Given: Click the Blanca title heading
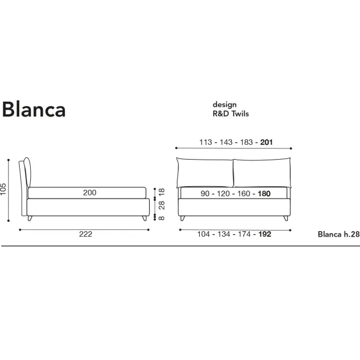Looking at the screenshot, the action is tap(34, 110).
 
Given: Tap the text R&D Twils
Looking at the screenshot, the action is tap(231, 113).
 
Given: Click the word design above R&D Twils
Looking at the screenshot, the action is tap(224, 105).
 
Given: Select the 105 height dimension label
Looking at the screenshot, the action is tap(3, 189).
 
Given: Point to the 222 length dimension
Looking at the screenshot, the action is tap(86, 234).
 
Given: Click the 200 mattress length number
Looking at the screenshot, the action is tap(90, 192).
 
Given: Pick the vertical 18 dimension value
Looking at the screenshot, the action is tap(162, 192).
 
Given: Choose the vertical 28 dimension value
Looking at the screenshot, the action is tap(162, 205).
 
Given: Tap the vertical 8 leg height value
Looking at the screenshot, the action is tap(162, 218).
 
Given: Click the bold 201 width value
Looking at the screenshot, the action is tap(266, 142).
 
